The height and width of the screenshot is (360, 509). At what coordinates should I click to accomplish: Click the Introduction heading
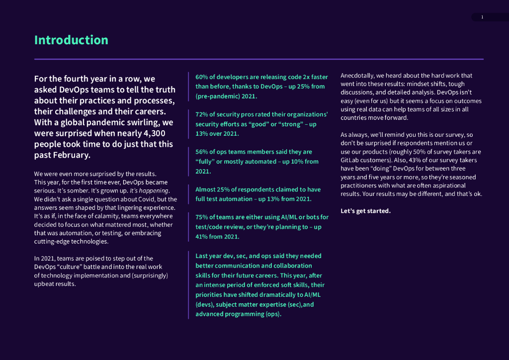coord(71,40)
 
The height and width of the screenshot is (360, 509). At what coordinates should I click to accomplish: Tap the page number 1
coord(482,17)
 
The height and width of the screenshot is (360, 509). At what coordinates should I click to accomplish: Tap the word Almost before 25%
coord(206,189)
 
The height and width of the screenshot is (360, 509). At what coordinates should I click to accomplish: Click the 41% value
coord(201,237)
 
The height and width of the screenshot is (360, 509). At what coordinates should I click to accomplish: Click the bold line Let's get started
coord(365,211)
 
